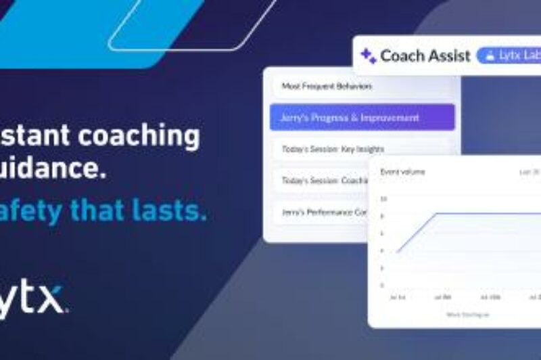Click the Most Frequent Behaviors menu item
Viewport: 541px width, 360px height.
pyautogui.click(x=327, y=87)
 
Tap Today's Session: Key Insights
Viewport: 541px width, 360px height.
pyautogui.click(x=332, y=149)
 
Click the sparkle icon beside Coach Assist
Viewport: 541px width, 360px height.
pyautogui.click(x=368, y=55)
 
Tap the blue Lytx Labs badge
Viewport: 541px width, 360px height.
pyautogui.click(x=509, y=55)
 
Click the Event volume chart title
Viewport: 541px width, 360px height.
pyautogui.click(x=403, y=172)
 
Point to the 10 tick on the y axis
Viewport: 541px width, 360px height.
pyautogui.click(x=383, y=199)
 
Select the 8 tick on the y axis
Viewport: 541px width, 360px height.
pyautogui.click(x=383, y=216)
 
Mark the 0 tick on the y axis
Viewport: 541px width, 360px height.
pyautogui.click(x=383, y=285)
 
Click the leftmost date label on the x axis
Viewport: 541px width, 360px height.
pyautogui.click(x=395, y=297)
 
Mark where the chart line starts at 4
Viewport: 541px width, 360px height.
pyautogui.click(x=398, y=251)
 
